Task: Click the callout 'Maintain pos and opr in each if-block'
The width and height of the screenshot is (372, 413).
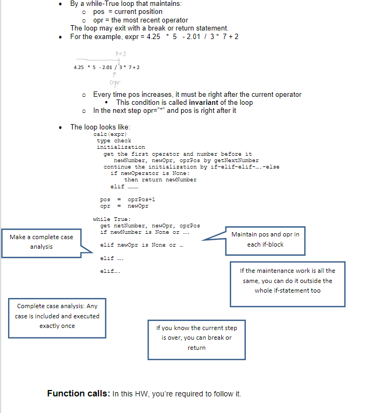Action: (x=265, y=240)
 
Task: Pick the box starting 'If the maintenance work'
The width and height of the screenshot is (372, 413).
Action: (x=287, y=280)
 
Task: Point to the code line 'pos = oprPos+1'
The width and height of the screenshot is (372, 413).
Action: (x=120, y=200)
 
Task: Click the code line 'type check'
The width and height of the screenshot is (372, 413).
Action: (x=114, y=141)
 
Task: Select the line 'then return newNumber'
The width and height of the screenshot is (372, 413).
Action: (x=160, y=180)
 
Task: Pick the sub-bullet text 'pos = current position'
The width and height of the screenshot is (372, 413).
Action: (x=128, y=12)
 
